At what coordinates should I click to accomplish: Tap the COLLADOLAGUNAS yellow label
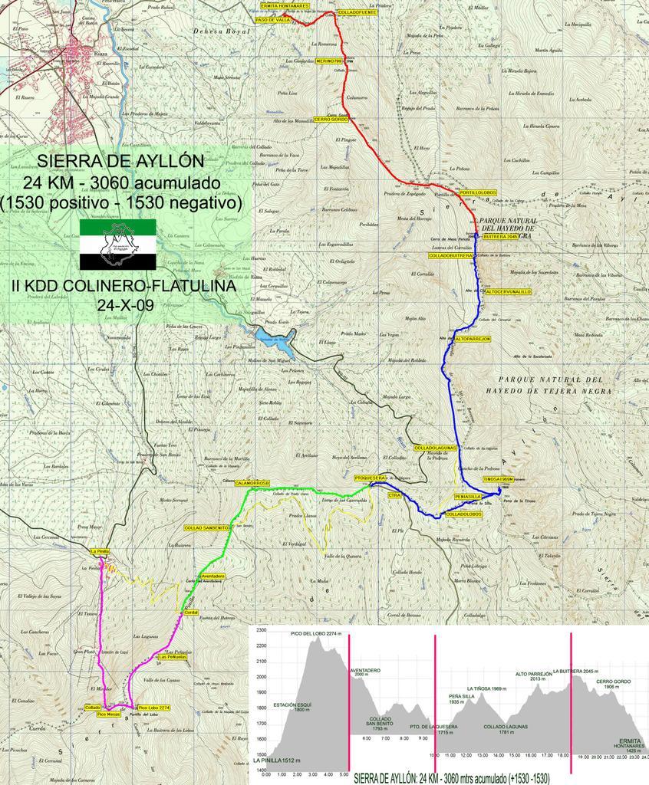436,447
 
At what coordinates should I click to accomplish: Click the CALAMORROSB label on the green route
252,483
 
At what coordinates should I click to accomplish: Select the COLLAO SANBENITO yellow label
207,528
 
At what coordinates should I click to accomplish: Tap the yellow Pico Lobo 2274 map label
153,707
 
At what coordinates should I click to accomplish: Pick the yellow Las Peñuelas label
173,657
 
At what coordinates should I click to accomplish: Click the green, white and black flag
118,244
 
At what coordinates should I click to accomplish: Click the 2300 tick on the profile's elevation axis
260,630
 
